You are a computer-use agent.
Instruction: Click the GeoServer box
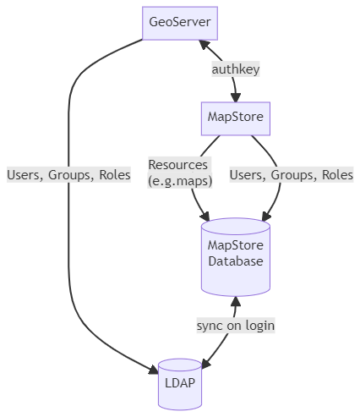[180, 23]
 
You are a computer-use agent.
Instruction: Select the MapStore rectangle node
[236, 118]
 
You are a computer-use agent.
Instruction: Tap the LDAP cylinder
[180, 384]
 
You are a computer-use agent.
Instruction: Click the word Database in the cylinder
[236, 261]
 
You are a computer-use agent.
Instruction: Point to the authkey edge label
[236, 69]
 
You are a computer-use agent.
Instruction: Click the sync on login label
[236, 326]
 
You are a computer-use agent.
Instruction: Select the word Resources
[178, 165]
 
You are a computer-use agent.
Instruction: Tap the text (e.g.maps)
[180, 181]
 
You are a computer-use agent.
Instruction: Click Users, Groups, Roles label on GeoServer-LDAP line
[68, 174]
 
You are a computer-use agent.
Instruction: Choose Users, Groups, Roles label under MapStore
[292, 174]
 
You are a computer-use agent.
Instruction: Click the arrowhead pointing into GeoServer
[205, 45]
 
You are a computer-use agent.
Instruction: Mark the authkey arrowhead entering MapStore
[236, 97]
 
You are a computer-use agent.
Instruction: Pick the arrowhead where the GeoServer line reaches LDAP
[154, 370]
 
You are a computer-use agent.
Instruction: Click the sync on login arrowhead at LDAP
[206, 364]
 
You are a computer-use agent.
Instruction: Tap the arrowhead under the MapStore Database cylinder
[236, 301]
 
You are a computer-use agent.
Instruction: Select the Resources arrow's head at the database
[205, 217]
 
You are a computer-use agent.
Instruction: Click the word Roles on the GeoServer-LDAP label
[115, 174]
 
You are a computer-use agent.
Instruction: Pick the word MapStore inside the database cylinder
[236, 245]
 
